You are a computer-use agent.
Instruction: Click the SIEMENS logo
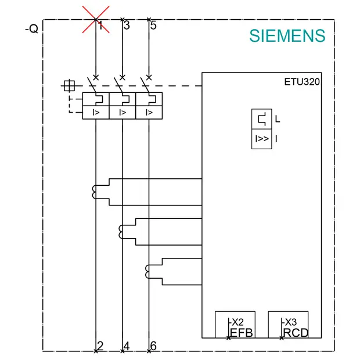click(287, 36)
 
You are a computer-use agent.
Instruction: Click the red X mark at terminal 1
click(96, 20)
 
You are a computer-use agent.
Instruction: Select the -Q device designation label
click(32, 29)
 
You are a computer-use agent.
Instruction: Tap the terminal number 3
click(127, 25)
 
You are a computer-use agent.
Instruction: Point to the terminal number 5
click(153, 25)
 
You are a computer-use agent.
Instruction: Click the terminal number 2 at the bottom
click(100, 345)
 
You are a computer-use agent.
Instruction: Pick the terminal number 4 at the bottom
click(127, 345)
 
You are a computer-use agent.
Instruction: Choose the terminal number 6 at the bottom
click(153, 345)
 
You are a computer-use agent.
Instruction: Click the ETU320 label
click(302, 82)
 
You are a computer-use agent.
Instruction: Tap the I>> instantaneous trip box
click(262, 139)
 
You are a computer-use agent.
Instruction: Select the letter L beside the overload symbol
click(278, 119)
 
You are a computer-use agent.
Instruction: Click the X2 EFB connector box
click(235, 325)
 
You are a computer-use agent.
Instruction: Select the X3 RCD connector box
click(288, 325)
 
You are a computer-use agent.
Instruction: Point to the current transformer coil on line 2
click(94, 192)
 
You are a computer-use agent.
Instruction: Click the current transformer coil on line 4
click(121, 232)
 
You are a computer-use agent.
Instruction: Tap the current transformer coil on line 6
click(147, 272)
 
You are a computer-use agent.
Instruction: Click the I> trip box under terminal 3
click(123, 113)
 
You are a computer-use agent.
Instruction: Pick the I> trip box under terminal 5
click(149, 113)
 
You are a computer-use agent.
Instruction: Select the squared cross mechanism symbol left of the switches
click(69, 85)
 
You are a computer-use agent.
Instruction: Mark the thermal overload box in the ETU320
click(262, 119)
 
